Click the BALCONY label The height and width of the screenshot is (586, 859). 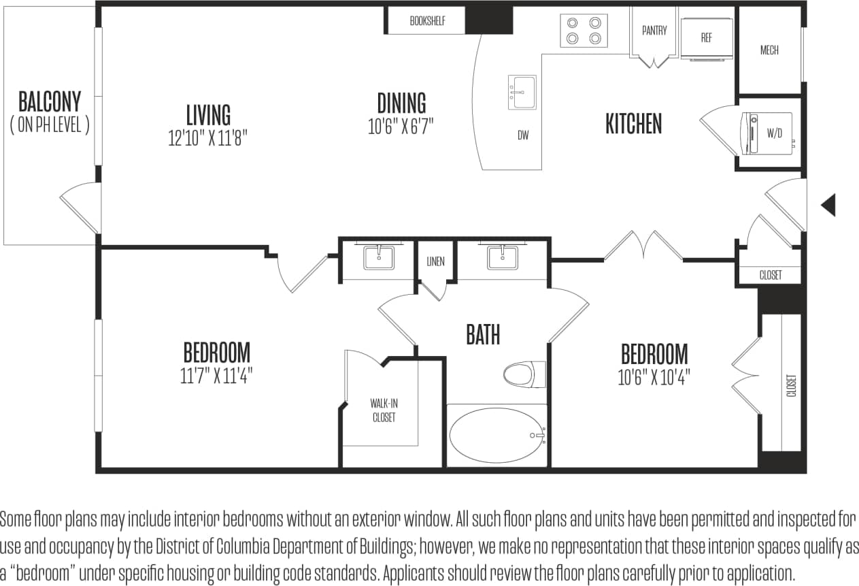coord(50,102)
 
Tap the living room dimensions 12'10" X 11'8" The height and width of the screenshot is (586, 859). coord(208,139)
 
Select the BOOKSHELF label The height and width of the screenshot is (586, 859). coord(427,21)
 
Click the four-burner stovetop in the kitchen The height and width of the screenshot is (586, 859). coord(584,31)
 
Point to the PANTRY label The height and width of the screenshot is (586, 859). coord(654,31)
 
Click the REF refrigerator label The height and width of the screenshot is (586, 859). coord(707,38)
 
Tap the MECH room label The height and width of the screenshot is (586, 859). coord(769,50)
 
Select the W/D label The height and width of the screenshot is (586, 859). coord(775,134)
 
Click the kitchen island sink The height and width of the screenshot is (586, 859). coord(522,91)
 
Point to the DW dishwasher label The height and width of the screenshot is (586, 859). coord(522,135)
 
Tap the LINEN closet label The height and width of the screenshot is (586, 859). coord(435,262)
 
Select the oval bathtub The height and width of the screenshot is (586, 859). coord(497,435)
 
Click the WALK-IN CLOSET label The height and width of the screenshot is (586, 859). coord(384,410)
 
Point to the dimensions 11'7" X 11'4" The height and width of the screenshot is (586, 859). coord(216,376)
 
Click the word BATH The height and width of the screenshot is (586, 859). coord(483,335)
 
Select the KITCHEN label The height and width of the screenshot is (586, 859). coord(633,124)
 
